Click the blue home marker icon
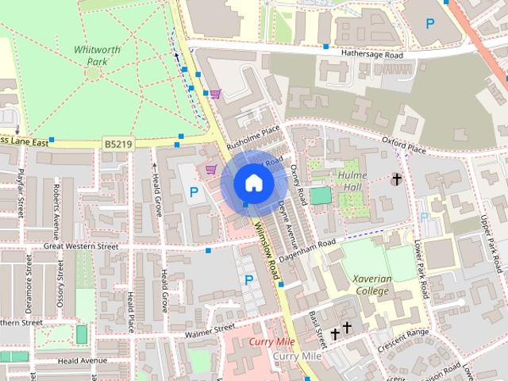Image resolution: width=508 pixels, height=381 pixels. (x=252, y=183)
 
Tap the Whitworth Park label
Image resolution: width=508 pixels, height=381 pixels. (x=97, y=55)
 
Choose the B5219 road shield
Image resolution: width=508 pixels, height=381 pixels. (x=117, y=144)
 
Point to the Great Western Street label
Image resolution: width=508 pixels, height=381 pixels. (x=81, y=247)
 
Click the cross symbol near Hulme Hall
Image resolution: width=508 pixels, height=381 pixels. (x=396, y=180)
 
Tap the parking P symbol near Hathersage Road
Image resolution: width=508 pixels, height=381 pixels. (x=430, y=24)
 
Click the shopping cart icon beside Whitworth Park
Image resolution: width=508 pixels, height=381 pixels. (x=215, y=94)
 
